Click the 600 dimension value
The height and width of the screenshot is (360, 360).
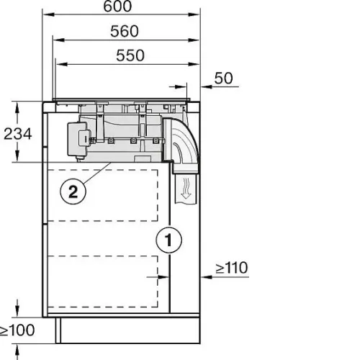(117, 6)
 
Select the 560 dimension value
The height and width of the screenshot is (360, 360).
(125, 31)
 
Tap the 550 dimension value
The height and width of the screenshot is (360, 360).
(130, 55)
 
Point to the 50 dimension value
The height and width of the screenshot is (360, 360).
(223, 78)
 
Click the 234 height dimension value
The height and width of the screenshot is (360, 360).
(18, 134)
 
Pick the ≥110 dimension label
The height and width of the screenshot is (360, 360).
(232, 268)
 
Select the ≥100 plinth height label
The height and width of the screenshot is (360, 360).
(17, 330)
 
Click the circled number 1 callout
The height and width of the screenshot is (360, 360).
(169, 239)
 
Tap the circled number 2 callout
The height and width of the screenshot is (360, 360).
(73, 192)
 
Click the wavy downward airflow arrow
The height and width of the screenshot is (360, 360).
(185, 188)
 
